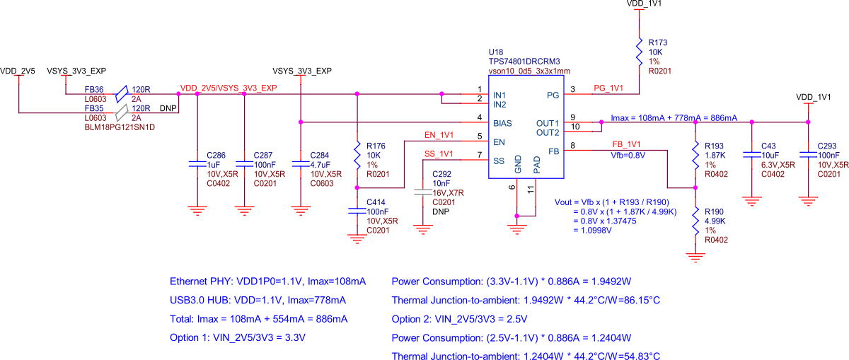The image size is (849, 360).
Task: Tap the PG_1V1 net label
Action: tap(608, 88)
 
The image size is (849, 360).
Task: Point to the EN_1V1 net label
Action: tap(439, 134)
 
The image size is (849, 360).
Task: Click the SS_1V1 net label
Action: tap(439, 153)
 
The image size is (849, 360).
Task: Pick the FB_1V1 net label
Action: tap(626, 145)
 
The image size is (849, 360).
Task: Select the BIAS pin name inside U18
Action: tap(502, 123)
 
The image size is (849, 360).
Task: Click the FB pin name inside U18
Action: tap(553, 151)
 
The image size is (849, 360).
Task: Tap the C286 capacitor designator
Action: tap(215, 154)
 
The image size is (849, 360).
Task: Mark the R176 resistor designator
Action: tap(376, 146)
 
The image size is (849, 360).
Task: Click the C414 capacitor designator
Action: tap(376, 202)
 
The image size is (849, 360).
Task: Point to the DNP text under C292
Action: tap(440, 211)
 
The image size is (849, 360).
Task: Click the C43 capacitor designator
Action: tap(768, 146)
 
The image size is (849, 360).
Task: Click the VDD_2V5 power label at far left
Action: tap(18, 71)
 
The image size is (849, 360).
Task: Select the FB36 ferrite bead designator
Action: tap(94, 90)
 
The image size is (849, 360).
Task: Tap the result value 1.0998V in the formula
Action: tap(597, 230)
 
